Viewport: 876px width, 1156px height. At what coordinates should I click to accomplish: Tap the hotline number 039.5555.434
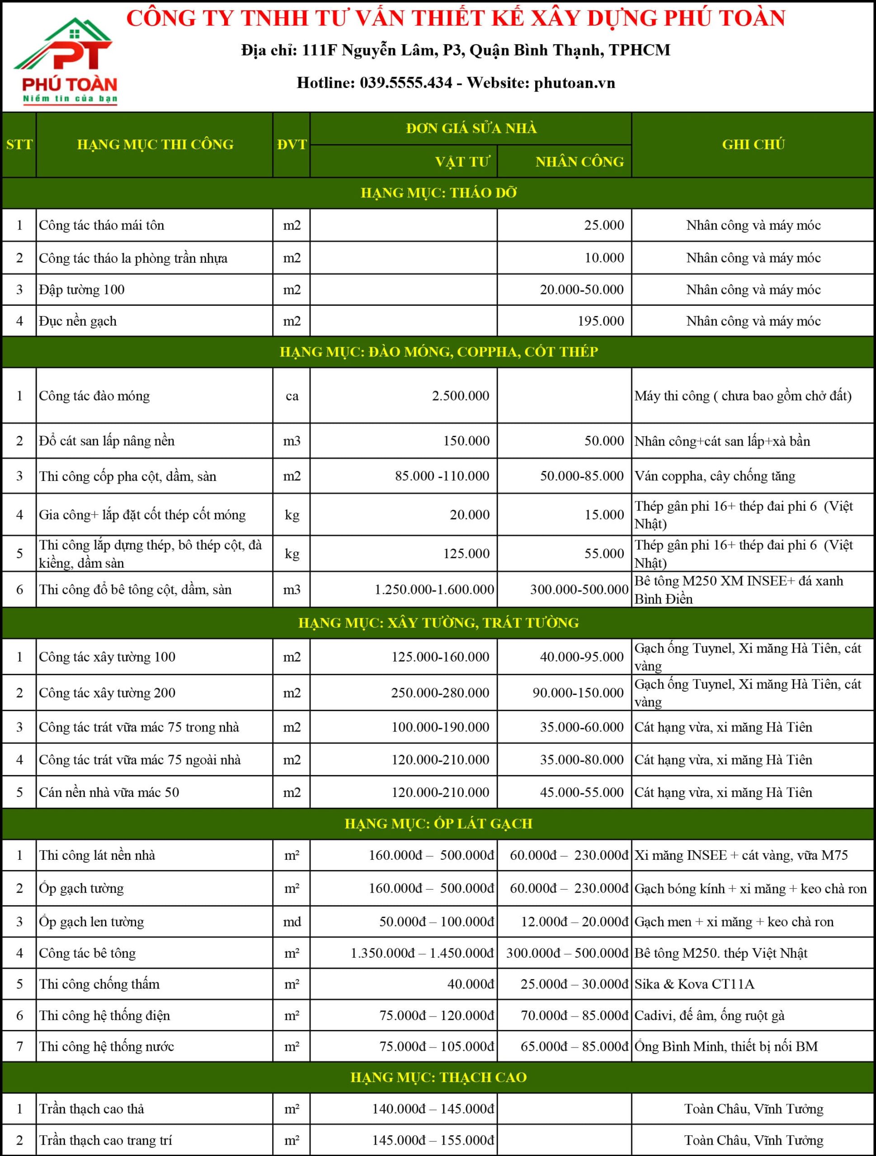pos(406,83)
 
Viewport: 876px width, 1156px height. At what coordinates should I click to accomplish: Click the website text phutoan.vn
pos(574,83)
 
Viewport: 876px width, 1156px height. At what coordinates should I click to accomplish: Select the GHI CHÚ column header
pos(753,144)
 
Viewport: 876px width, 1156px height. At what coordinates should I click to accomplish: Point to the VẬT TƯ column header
pos(462,162)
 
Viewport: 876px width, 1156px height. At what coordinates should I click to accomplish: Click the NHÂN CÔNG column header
pos(579,162)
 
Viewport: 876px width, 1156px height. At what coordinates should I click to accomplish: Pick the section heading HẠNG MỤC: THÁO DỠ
pos(438,193)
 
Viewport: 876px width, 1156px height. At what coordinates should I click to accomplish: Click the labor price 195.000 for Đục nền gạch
pos(600,321)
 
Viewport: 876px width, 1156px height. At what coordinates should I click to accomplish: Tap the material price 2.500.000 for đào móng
pos(460,396)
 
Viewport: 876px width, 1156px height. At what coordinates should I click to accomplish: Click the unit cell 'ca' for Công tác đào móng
pos(292,396)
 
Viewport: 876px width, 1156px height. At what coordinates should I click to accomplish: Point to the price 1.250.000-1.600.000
pos(434,589)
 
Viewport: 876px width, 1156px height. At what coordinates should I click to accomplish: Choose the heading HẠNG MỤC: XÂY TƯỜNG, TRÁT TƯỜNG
pos(438,622)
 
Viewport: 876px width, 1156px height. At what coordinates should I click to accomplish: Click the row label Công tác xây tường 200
pos(107,692)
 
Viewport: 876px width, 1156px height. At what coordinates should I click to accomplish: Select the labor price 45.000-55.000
pos(582,792)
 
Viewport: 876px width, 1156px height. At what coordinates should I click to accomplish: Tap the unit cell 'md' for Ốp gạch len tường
pos(292,921)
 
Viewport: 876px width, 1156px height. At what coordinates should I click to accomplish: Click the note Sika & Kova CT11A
pos(694,984)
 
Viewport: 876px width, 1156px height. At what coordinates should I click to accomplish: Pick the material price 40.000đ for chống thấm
pos(470,984)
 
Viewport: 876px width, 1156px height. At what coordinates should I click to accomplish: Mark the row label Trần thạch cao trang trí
pos(105,1140)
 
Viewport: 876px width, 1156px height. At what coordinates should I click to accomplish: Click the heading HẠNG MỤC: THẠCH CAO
pos(438,1077)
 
